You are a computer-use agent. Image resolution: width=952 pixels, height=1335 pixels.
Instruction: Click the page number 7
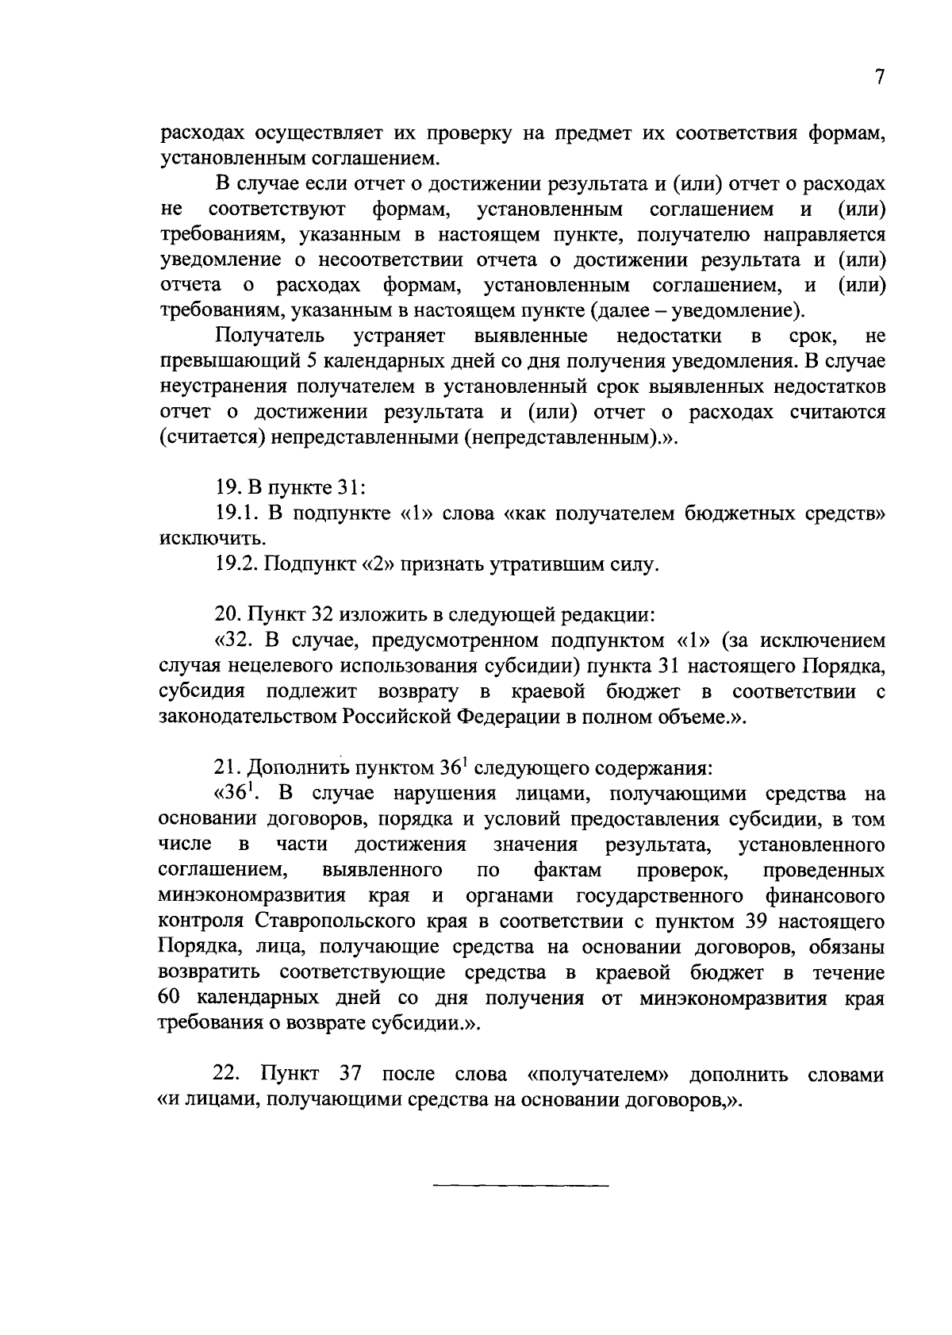(878, 77)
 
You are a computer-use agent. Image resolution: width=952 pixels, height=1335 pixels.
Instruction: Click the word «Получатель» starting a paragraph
(270, 337)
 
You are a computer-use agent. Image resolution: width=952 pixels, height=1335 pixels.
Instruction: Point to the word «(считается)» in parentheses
(211, 438)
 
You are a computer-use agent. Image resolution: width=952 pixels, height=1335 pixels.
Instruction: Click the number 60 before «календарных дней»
(171, 998)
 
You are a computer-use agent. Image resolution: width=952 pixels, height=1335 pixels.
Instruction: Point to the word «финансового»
(825, 896)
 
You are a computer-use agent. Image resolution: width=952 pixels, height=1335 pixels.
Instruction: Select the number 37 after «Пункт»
(350, 1075)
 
